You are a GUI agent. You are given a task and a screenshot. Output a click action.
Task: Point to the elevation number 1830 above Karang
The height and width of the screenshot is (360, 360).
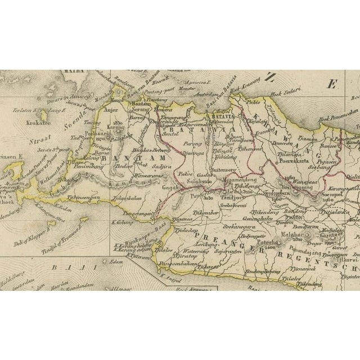(x=117, y=123)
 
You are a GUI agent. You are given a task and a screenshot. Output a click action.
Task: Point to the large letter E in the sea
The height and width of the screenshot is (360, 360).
(x=332, y=84)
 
